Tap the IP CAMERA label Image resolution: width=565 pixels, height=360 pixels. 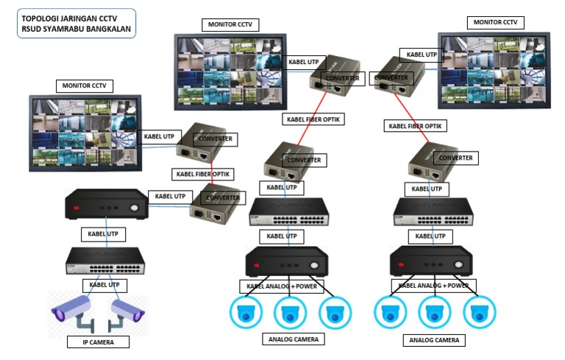(x=98, y=342)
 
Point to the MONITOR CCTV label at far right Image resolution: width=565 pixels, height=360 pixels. (x=494, y=22)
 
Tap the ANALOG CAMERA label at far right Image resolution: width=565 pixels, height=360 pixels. (x=434, y=340)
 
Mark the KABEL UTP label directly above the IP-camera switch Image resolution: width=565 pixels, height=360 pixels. (x=102, y=234)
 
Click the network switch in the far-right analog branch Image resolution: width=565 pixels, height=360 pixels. (x=432, y=212)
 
